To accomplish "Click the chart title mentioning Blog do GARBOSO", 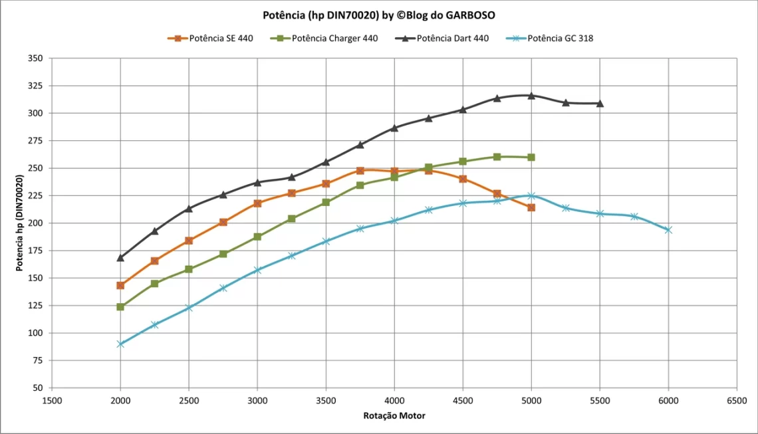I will click(x=378, y=15).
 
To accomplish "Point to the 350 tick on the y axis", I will click(x=36, y=58).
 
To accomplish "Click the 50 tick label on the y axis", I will click(x=38, y=387).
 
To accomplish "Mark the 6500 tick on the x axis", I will click(x=737, y=400).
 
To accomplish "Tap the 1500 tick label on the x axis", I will click(x=52, y=400).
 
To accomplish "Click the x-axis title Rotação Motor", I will click(x=394, y=415).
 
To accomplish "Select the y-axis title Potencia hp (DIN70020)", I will click(x=20, y=223).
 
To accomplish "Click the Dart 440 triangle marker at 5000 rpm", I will click(x=531, y=96).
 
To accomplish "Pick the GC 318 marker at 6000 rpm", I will click(x=668, y=230).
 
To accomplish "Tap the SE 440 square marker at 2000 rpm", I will click(x=120, y=285).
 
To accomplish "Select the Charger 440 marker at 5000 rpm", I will click(x=531, y=158).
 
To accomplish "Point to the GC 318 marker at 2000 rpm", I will click(x=120, y=344).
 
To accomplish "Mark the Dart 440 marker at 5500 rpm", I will click(x=600, y=104).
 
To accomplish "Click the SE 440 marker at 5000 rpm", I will click(x=531, y=207).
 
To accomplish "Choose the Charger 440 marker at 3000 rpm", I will click(x=257, y=237).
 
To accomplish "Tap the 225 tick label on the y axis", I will click(x=36, y=195).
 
